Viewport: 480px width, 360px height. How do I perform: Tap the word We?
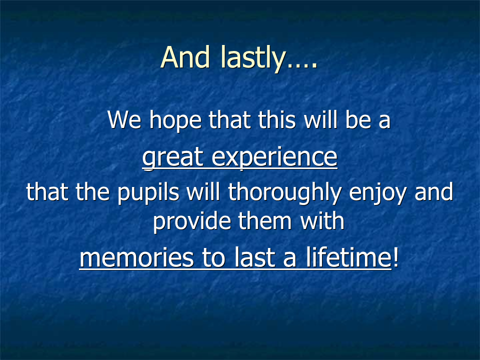point(124,119)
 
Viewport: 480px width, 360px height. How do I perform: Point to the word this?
point(277,119)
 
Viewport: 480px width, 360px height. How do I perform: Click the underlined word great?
point(172,158)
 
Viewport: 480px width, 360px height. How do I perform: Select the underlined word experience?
point(274,158)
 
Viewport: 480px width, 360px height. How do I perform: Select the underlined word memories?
point(136,258)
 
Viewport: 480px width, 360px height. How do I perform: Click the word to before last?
point(214,258)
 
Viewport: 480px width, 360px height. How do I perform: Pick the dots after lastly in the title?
point(302,65)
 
